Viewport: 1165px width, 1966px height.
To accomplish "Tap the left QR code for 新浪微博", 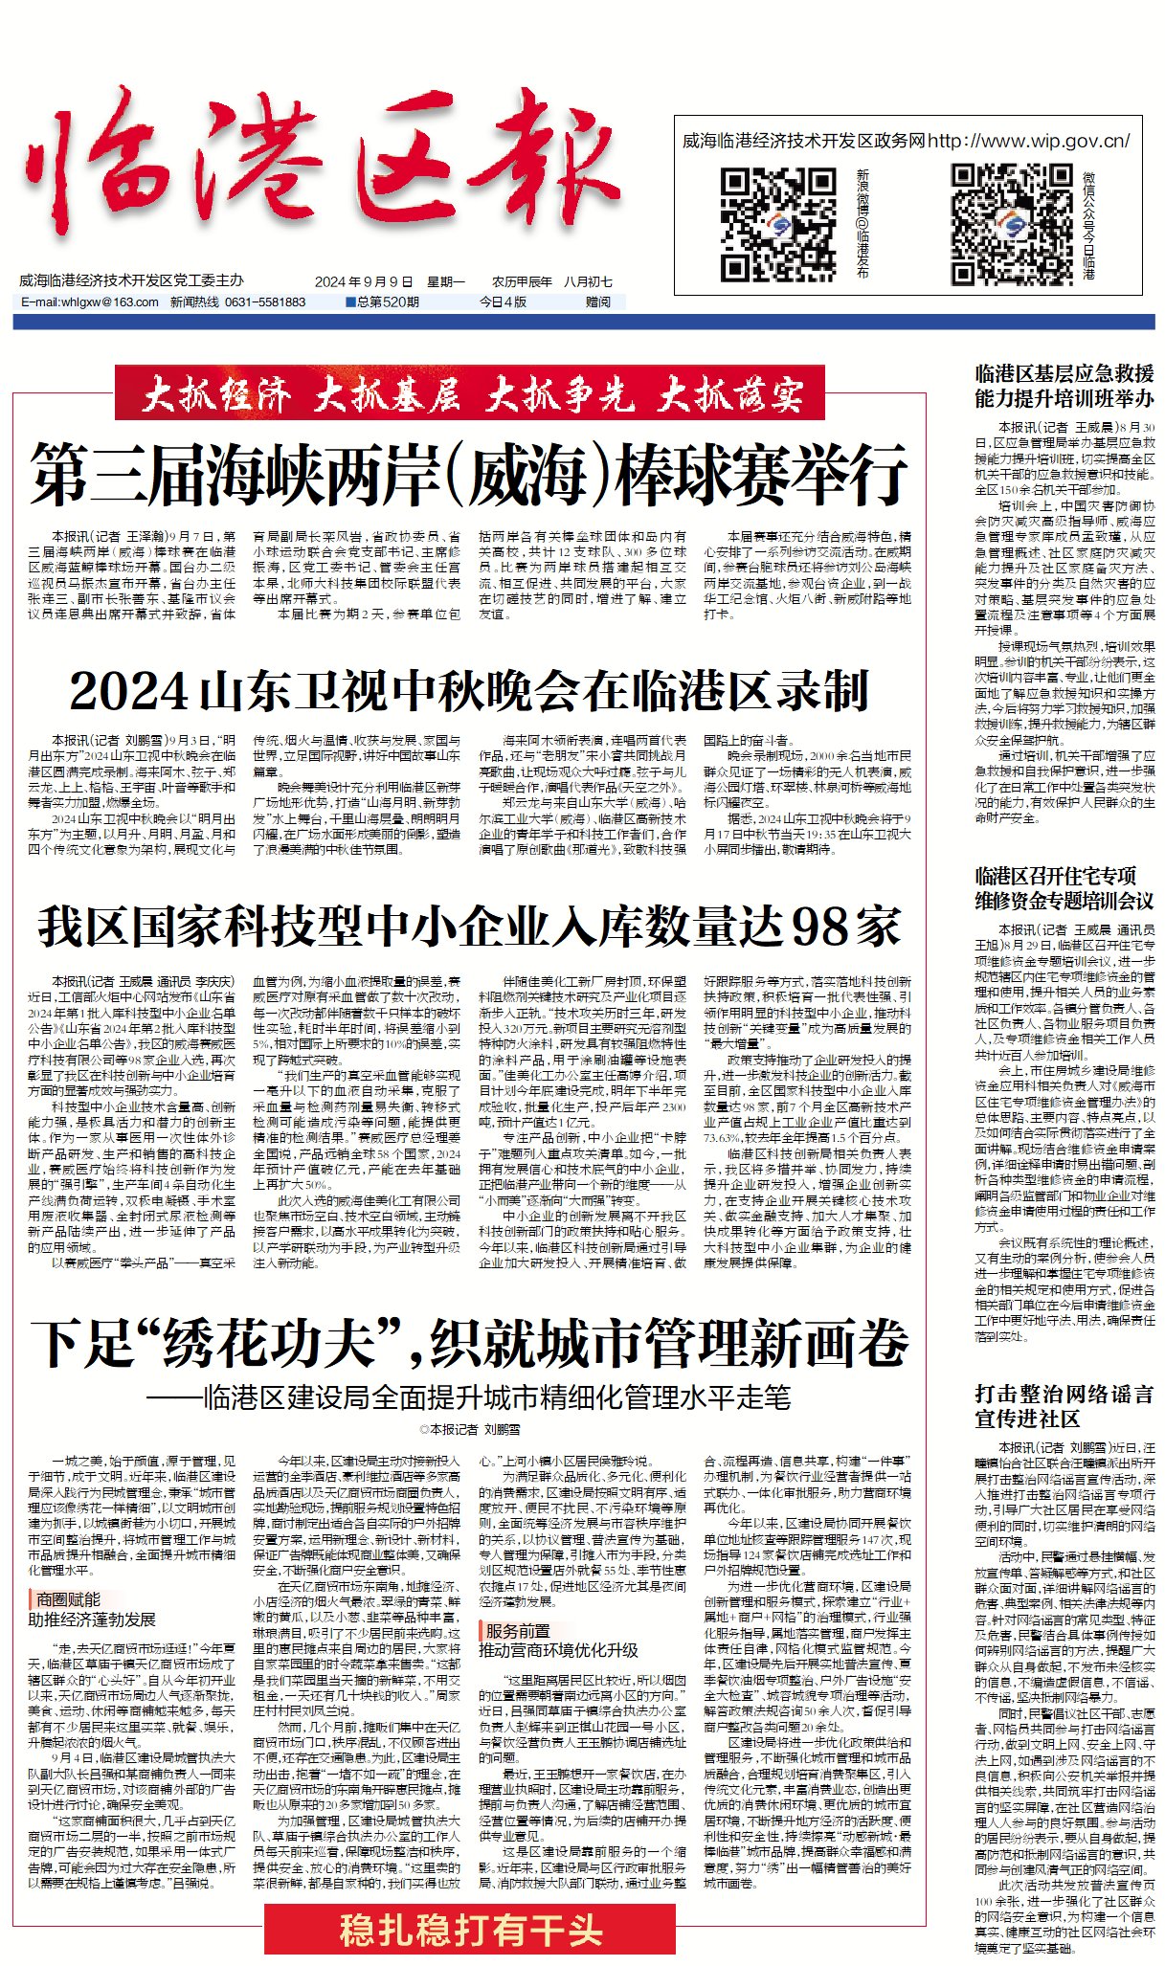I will (x=778, y=224).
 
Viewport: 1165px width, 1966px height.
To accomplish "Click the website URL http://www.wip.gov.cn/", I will (x=1028, y=141).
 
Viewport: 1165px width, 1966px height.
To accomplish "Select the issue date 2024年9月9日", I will (x=364, y=281).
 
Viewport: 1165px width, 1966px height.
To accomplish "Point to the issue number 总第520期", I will (x=383, y=302).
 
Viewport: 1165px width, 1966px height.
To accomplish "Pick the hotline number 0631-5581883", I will (x=265, y=302).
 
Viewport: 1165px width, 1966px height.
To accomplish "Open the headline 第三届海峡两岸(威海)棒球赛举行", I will (x=469, y=474).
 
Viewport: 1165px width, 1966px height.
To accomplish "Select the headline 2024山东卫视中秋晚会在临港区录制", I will (x=469, y=690).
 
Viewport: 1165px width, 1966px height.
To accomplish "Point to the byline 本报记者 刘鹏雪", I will (x=470, y=1429).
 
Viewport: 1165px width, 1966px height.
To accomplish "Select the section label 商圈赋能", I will (x=67, y=1598).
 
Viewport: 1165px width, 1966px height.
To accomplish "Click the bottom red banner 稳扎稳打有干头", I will (x=471, y=1930).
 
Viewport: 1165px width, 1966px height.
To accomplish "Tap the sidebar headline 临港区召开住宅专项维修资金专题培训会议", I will (x=1064, y=887).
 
